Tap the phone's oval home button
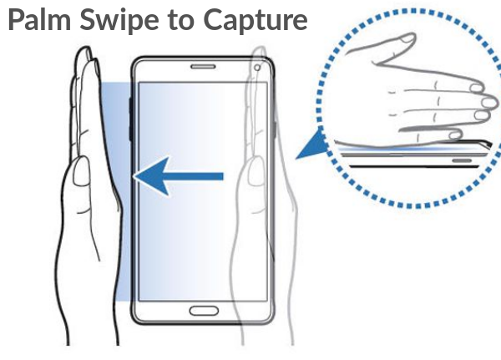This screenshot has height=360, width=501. coord(202,311)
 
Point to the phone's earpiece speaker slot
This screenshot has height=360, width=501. coord(203,68)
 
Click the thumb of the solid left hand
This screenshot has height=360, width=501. coord(81,175)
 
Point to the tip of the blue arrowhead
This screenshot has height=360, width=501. coord(136,176)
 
